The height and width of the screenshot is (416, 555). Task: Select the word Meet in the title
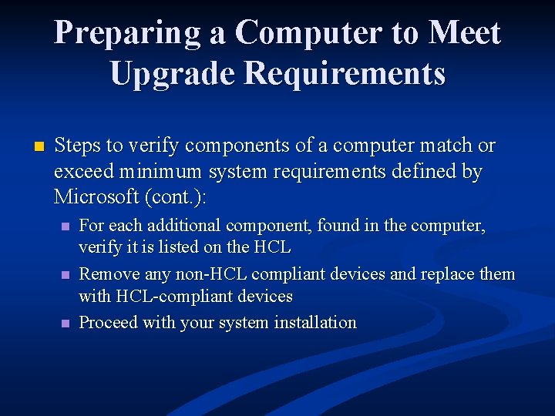(465, 33)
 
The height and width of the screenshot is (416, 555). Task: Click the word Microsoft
(96, 196)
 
